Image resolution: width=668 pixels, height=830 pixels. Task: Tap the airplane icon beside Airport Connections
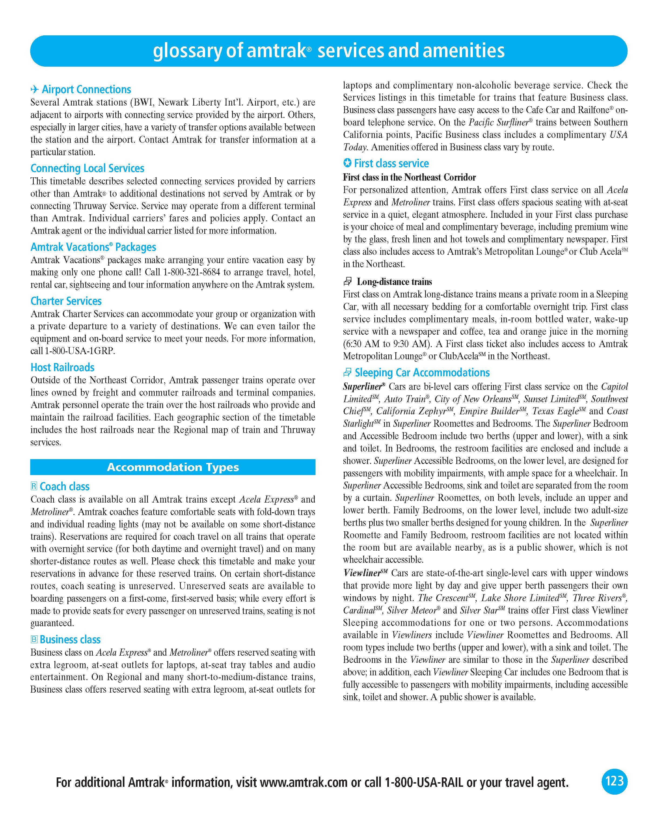(x=35, y=90)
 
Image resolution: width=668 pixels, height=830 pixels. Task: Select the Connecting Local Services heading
(x=87, y=168)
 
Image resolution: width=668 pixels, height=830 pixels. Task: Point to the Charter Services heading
(x=66, y=301)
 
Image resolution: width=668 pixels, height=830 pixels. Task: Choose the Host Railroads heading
(x=62, y=367)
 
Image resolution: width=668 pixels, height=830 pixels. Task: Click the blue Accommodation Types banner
(x=173, y=467)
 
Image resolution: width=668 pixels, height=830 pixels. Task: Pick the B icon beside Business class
(x=34, y=639)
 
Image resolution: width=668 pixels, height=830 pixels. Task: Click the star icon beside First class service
(x=347, y=163)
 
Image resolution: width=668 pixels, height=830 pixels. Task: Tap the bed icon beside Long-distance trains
(x=348, y=282)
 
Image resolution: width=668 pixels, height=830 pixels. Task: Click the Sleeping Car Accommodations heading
(x=422, y=373)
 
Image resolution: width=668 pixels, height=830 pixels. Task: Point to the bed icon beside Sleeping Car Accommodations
(x=347, y=373)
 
